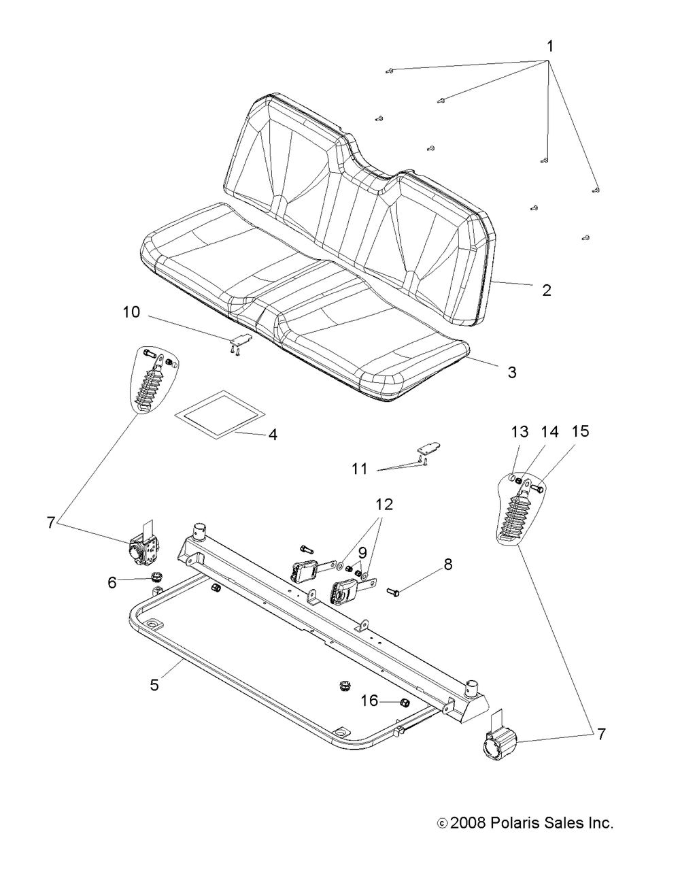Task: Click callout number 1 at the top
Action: coord(550,47)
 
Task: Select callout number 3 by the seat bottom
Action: coord(511,372)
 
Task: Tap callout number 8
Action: coord(447,564)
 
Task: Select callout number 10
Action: coord(131,312)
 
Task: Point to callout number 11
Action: coord(360,469)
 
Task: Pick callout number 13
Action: coord(520,431)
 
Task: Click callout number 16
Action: coord(369,700)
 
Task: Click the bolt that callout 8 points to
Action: coord(396,592)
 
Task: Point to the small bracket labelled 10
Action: coord(240,339)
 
